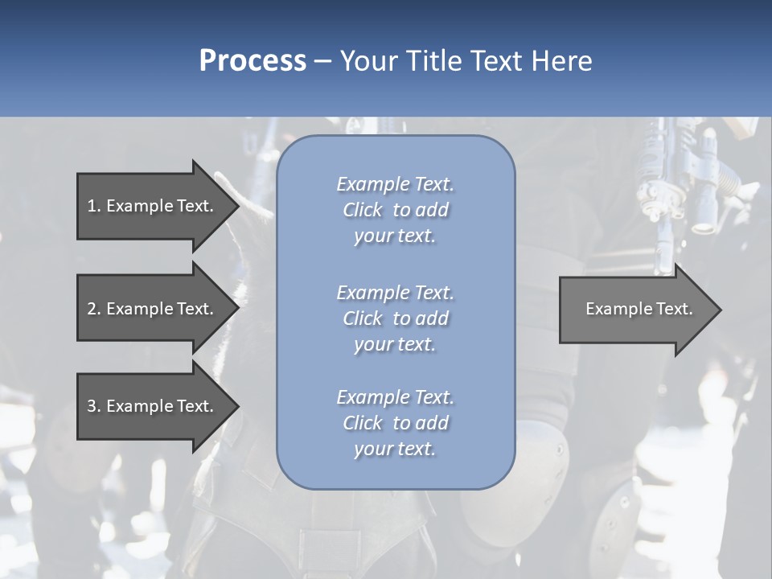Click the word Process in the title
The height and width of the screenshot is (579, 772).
coord(253,61)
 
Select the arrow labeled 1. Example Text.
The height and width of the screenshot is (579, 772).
coord(150,206)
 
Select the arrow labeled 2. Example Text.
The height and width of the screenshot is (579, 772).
coord(150,309)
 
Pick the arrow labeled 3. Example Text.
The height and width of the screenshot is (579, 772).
coord(150,406)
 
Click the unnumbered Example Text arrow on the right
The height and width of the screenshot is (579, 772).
coord(639,309)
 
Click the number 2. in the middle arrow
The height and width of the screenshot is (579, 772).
coord(93,309)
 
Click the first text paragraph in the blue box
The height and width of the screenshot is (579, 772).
coord(395,210)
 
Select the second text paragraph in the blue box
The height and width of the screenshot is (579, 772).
coord(395,318)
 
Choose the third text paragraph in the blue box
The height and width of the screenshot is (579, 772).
coord(395,423)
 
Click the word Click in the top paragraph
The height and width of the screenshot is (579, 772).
coord(363,210)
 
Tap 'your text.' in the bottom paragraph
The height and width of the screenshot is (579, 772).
coord(395,449)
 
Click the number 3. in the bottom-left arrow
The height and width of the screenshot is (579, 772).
coord(93,406)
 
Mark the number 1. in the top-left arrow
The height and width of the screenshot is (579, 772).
coord(92,206)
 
